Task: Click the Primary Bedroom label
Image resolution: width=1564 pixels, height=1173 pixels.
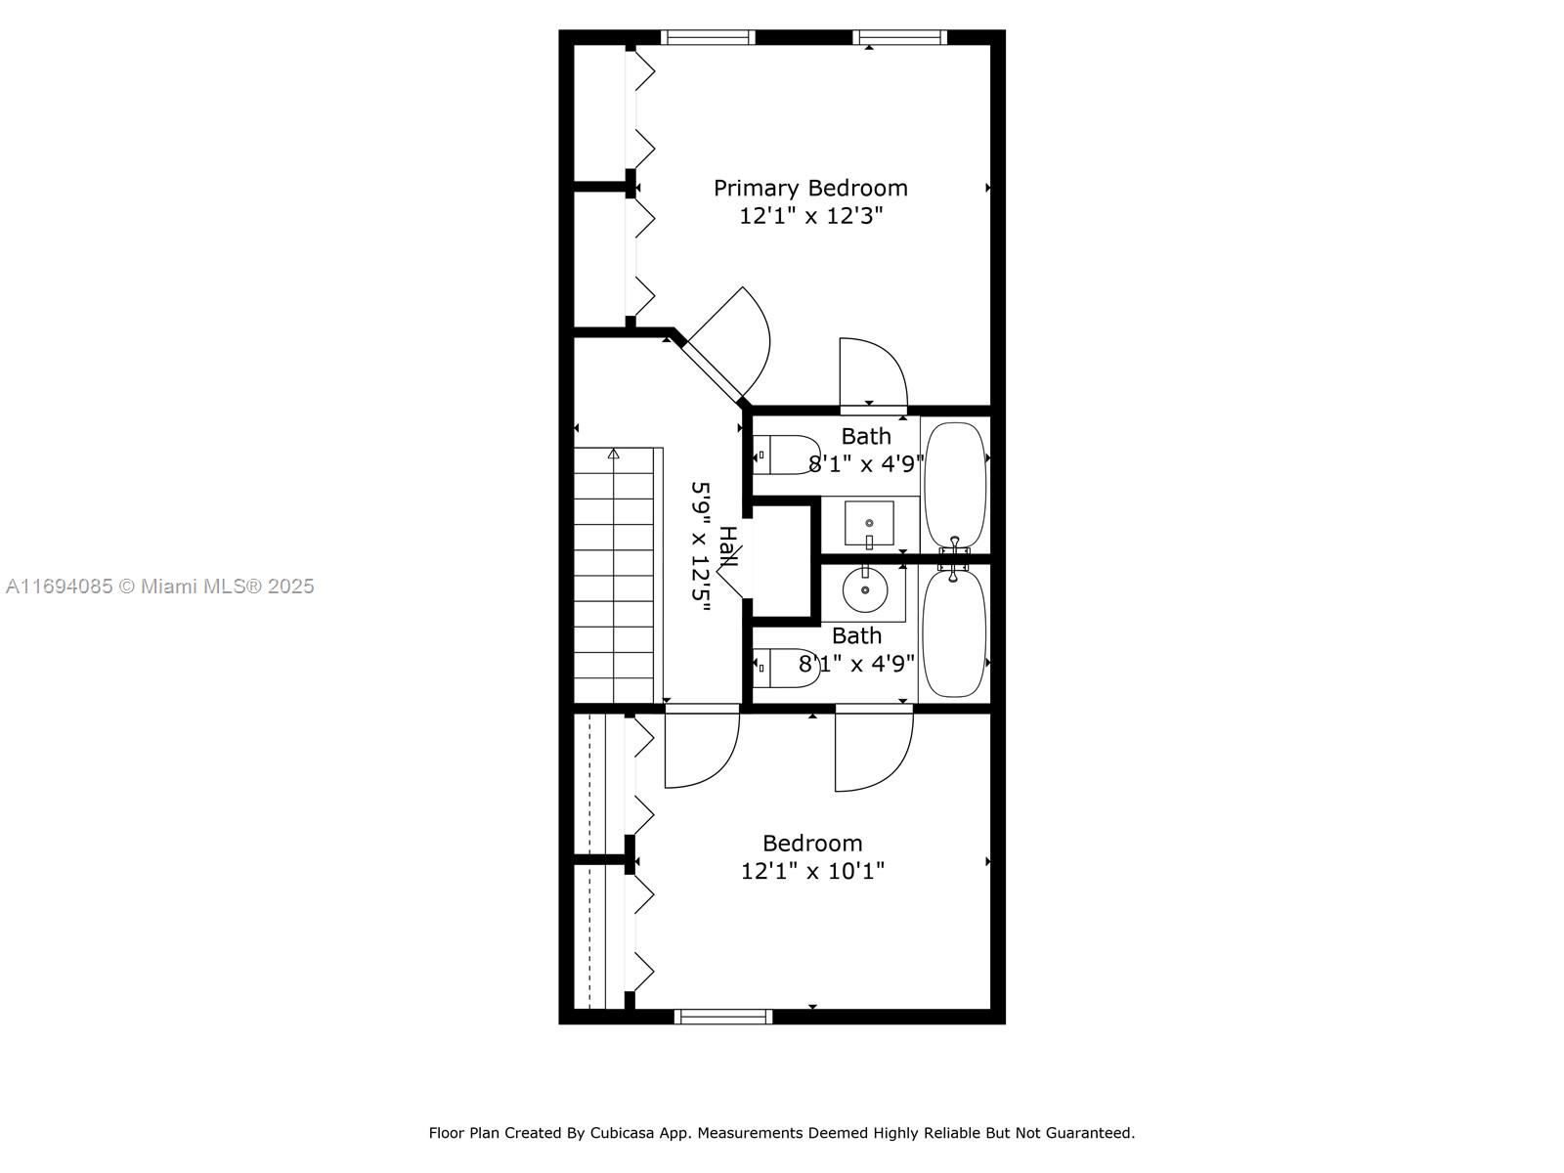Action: tap(810, 188)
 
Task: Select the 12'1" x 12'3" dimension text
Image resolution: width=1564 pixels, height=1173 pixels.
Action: tap(810, 215)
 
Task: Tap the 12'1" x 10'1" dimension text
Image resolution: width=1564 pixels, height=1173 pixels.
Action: tap(812, 870)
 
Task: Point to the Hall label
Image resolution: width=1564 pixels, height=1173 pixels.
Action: tap(727, 547)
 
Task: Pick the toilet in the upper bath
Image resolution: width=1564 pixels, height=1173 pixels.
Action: tap(787, 456)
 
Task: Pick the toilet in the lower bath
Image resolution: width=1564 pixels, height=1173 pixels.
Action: tap(787, 668)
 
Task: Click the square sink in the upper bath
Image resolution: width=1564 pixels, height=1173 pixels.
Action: tap(869, 524)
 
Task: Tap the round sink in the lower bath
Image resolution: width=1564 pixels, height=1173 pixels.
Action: tap(865, 589)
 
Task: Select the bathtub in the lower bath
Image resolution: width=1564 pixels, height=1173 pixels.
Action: tap(954, 632)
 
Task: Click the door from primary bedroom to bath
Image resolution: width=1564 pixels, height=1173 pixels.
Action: tap(873, 373)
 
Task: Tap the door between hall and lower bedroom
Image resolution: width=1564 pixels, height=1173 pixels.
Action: tap(702, 748)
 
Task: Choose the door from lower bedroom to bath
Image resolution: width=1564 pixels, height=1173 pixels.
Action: tap(874, 749)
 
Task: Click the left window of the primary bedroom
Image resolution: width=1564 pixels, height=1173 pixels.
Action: tap(708, 37)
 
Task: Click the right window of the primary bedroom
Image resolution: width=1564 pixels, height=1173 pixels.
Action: tap(900, 37)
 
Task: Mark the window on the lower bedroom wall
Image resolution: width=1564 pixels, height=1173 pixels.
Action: tap(723, 1017)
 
